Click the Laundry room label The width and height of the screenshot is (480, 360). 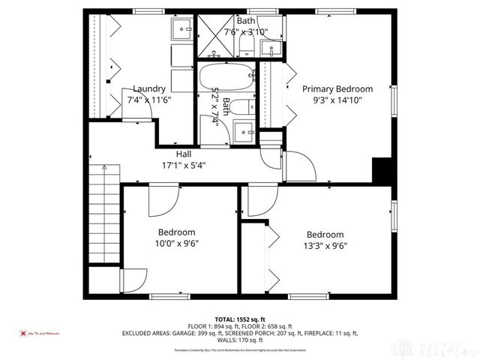(x=148, y=88)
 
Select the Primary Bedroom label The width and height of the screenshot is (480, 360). (x=337, y=88)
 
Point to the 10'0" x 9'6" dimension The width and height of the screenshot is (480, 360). (x=177, y=243)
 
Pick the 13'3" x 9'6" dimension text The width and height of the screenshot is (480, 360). (x=325, y=244)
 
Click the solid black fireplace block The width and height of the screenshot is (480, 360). (x=383, y=170)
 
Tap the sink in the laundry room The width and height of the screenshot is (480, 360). (x=182, y=29)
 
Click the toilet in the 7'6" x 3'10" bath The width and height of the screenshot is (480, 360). (x=246, y=47)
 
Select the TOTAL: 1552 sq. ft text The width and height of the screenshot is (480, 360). (x=240, y=318)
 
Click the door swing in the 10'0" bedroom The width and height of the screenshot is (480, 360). (x=161, y=199)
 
